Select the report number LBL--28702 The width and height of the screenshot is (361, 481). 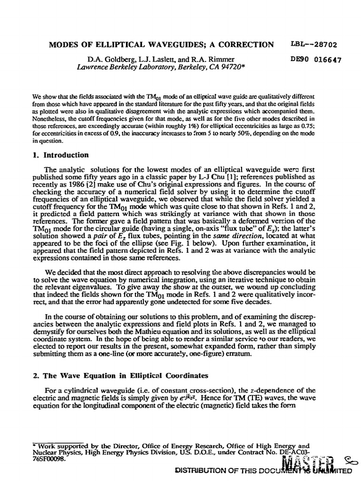pos(316,45)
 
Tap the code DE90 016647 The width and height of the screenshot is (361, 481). pos(316,60)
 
